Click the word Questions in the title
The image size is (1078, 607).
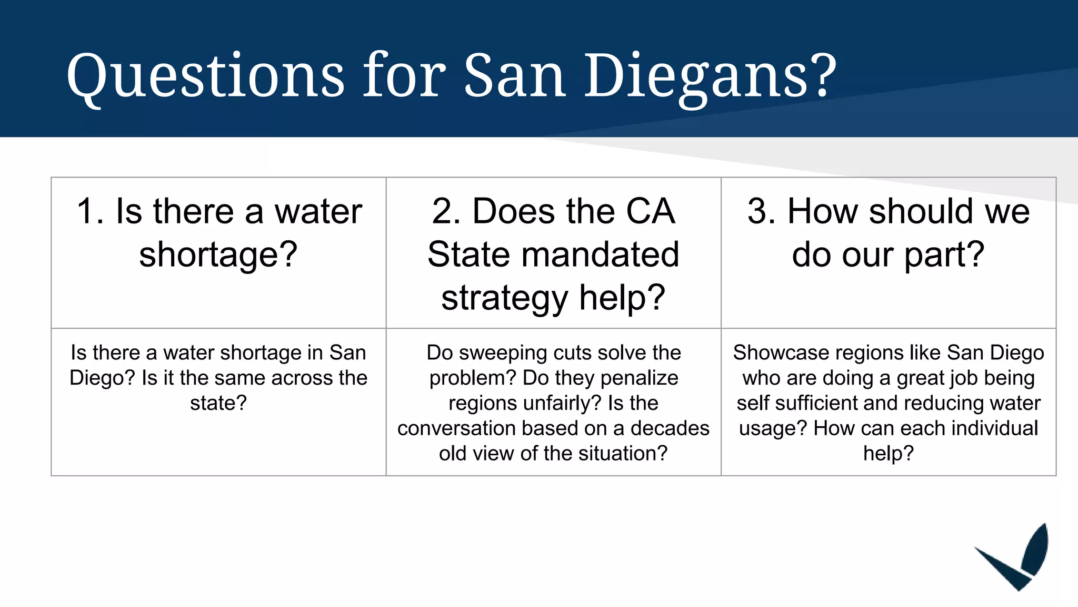(205, 76)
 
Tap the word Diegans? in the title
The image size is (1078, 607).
(711, 76)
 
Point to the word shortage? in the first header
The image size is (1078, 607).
(218, 255)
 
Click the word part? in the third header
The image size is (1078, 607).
(944, 255)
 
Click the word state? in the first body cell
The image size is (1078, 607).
(218, 403)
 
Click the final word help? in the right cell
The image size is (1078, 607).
(889, 454)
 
